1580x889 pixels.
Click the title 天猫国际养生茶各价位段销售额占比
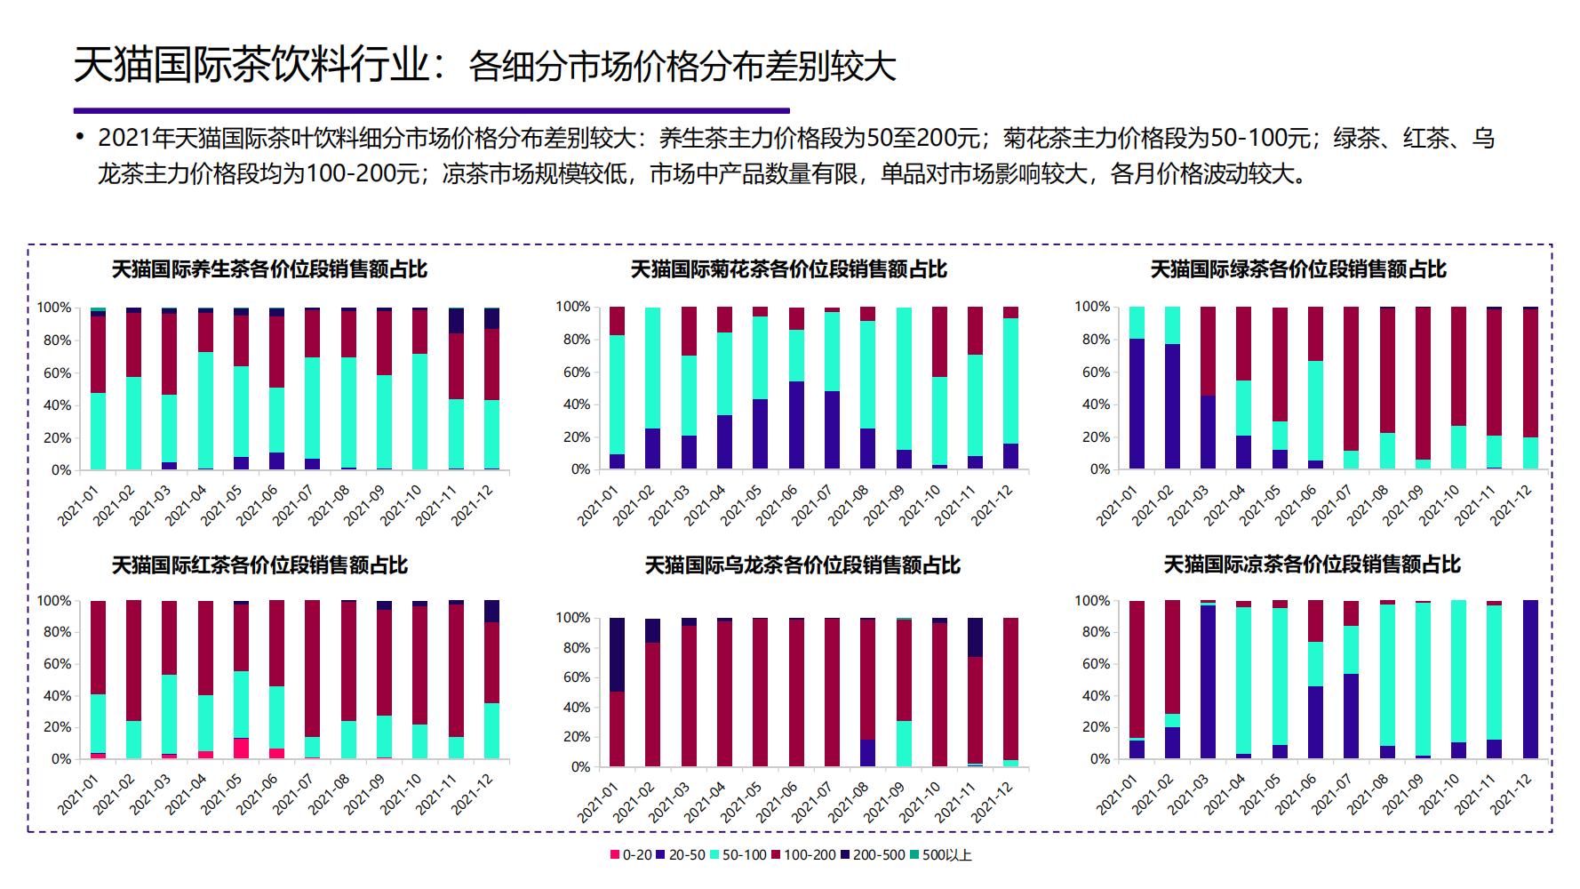pos(269,269)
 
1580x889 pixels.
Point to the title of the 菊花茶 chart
pos(788,269)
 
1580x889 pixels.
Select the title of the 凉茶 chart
pos(1312,565)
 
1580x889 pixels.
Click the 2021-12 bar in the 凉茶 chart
pos(1529,680)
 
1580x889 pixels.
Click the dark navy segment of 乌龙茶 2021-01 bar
pos(617,654)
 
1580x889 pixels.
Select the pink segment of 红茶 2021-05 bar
pos(242,748)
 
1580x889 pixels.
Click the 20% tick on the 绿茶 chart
pos(1092,437)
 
